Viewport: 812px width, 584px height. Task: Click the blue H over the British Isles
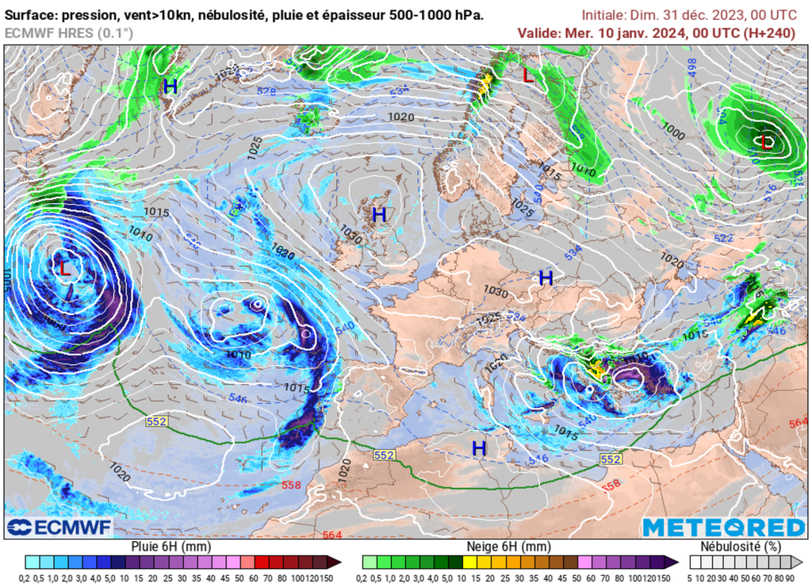click(379, 214)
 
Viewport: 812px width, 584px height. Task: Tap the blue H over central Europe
click(546, 279)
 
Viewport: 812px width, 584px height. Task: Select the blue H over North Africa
click(479, 448)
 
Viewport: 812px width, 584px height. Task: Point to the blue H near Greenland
click(170, 87)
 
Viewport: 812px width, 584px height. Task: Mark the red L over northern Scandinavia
click(528, 76)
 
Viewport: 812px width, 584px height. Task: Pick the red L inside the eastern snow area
click(766, 143)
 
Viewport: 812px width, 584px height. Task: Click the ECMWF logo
click(60, 528)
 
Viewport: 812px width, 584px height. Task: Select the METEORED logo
click(723, 528)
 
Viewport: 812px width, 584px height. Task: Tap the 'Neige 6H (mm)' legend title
click(504, 547)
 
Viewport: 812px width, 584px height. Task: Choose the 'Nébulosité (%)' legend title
click(741, 547)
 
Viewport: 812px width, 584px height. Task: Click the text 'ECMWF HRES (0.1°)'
click(69, 33)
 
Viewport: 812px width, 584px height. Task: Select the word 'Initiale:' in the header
click(604, 15)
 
